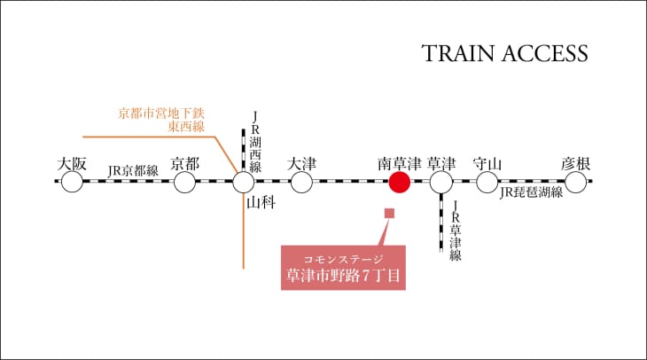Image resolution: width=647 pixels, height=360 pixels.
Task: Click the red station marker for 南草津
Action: point(400,182)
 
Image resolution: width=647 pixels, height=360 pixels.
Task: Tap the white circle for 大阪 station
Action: point(72,182)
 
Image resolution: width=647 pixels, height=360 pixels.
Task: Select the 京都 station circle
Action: point(184,182)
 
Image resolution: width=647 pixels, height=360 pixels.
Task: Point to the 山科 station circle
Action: point(244,182)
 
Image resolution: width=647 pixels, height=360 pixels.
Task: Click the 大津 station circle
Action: point(301,182)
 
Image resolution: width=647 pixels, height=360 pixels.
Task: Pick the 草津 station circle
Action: point(441,182)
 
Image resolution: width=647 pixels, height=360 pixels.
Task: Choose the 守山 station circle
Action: point(487,182)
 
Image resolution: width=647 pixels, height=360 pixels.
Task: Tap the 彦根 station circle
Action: point(575,182)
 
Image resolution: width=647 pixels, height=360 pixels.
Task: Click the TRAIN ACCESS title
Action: point(504,54)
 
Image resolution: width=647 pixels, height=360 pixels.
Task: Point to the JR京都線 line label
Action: point(133,170)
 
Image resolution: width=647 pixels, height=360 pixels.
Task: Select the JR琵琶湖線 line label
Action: point(532,192)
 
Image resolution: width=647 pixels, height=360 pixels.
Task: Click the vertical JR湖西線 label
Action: point(255,142)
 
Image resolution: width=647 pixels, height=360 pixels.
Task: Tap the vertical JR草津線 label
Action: point(456,231)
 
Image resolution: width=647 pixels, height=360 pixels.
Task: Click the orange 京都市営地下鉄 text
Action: point(161,113)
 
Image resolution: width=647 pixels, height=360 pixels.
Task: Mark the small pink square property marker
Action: point(389,213)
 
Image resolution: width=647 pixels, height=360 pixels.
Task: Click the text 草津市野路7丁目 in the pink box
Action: point(343,276)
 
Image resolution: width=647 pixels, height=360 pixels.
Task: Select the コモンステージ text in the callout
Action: point(343,259)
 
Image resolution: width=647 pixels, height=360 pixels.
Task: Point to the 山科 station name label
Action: point(261,203)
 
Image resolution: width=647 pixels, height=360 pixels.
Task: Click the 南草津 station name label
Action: point(400,164)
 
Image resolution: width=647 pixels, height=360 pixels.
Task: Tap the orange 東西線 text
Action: point(186,126)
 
